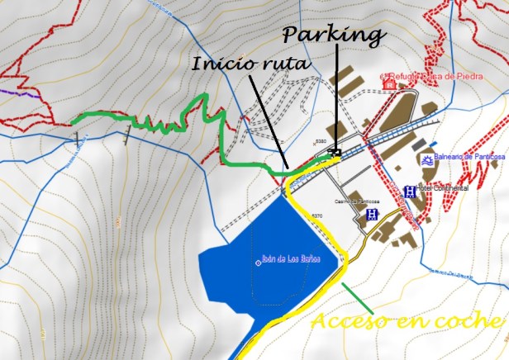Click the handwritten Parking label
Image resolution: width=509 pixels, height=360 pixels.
pos(333,35)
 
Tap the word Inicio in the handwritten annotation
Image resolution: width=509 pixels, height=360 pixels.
pos(217,64)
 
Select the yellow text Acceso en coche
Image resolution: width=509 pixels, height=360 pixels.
pos(407,320)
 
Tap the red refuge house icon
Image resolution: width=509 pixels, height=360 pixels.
pos(388,83)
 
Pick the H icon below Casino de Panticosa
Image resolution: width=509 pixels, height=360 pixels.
pos(371,215)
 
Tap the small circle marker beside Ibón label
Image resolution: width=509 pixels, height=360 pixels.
pos(259,263)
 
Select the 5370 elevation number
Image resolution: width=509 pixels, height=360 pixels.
pos(316,216)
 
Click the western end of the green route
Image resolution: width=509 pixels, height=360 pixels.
pos(73,121)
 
